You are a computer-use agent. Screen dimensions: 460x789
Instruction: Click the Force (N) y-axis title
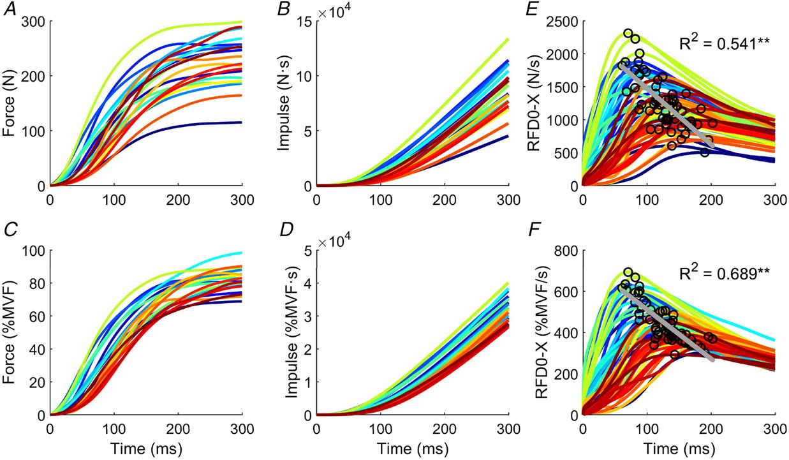(x=9, y=103)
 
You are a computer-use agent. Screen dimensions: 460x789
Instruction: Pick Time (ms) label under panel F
(x=679, y=447)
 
